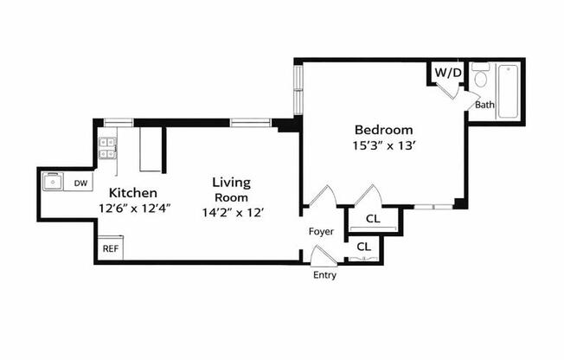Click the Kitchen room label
click(x=132, y=192)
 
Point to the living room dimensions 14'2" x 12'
click(x=231, y=211)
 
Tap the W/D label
click(x=447, y=73)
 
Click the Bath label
click(x=484, y=106)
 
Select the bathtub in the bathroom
click(x=508, y=93)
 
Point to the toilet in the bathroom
click(x=481, y=79)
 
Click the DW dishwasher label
click(x=80, y=183)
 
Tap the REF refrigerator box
click(x=110, y=248)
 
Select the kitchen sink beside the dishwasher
click(x=54, y=183)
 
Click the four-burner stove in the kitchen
click(x=108, y=149)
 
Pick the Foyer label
click(x=322, y=232)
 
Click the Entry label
click(x=324, y=276)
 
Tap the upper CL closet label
click(x=372, y=219)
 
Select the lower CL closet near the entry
click(x=364, y=247)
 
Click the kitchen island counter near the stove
click(x=150, y=151)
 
